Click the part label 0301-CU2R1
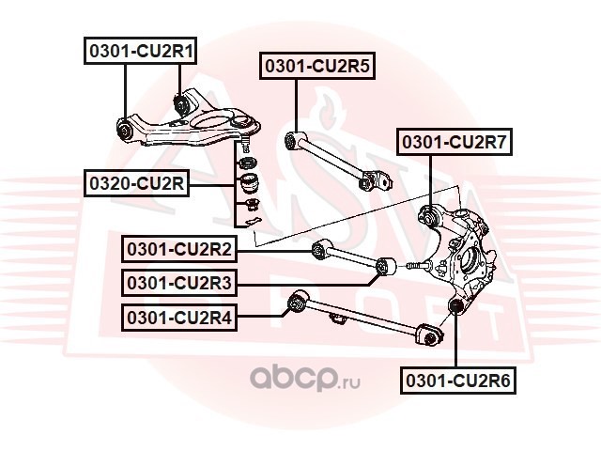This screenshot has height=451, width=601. coord(140,51)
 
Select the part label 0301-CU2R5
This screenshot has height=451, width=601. coord(317,66)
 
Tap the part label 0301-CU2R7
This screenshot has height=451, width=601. coord(455,142)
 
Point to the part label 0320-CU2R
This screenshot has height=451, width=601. coord(137,183)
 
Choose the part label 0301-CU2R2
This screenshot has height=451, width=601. coord(179,249)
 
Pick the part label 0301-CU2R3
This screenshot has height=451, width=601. coord(179,283)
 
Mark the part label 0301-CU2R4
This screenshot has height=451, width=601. coord(179,318)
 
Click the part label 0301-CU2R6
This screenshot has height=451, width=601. coord(458,381)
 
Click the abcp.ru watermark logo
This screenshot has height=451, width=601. coord(305,378)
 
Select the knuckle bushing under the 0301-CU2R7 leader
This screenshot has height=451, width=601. coord(431,216)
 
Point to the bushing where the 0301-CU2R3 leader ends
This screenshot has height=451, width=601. coord(384,267)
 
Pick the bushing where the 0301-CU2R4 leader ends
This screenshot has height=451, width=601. coord(297,303)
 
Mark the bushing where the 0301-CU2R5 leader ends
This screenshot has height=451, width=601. coord(292,141)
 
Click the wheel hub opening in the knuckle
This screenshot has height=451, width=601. coord(469,261)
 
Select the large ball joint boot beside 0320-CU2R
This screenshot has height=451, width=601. coord(248,182)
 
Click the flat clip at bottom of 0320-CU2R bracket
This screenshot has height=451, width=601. coord(251,222)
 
